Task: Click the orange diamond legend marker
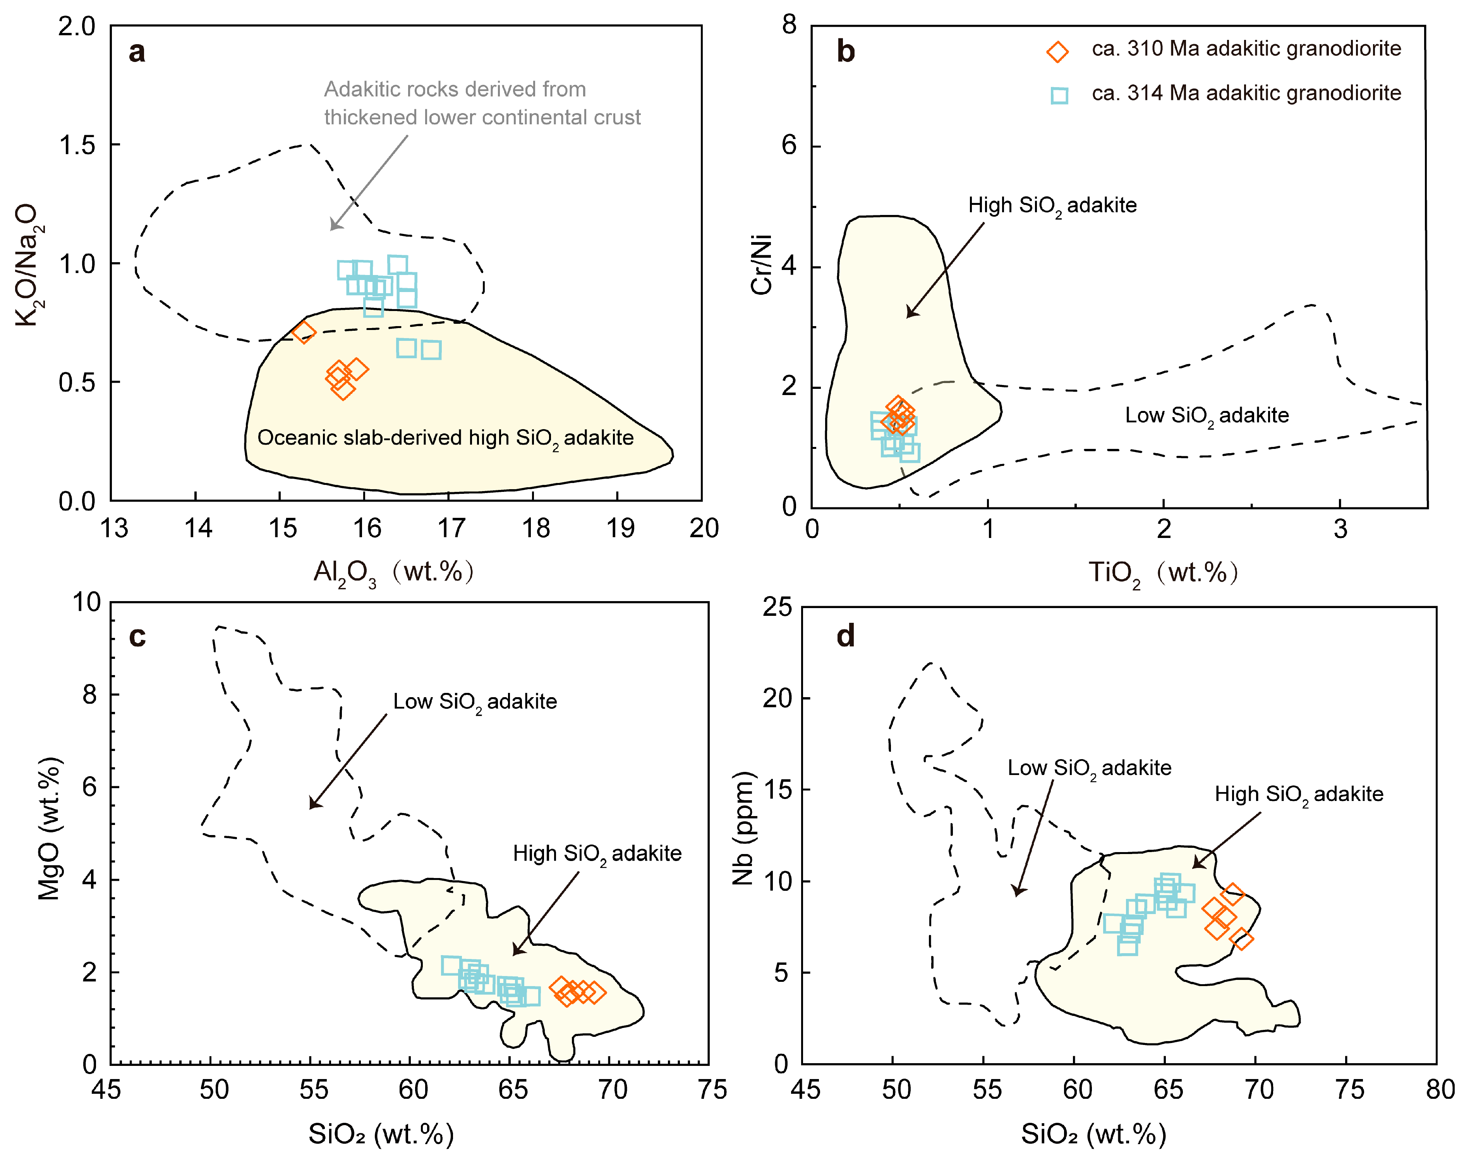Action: [1057, 52]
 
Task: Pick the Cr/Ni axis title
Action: [762, 265]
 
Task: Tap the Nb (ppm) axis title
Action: [743, 828]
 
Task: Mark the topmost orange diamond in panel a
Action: [304, 332]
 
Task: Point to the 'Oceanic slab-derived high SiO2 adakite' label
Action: [445, 438]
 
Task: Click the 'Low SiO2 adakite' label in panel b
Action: [1207, 416]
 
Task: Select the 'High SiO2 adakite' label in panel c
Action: [597, 854]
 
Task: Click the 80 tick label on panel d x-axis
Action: [1440, 1090]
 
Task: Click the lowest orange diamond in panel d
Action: [1241, 939]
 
